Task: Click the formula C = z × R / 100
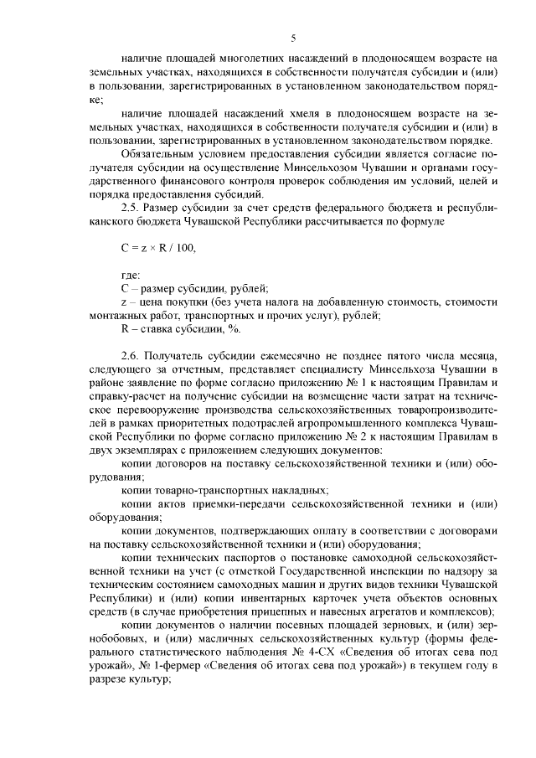(x=158, y=248)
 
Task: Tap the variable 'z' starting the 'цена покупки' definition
(x=124, y=302)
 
